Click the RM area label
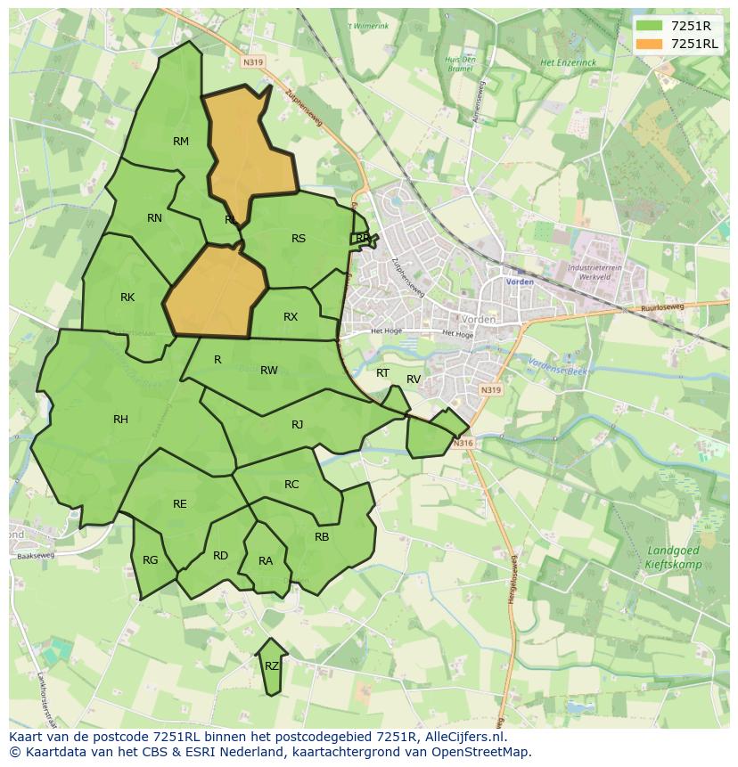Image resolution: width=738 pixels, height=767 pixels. point(181,142)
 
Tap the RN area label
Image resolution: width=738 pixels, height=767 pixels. point(154,218)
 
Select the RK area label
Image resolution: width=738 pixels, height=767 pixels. point(127,298)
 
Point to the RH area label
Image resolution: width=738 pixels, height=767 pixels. point(120,420)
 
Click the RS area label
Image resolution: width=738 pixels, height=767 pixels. point(299,239)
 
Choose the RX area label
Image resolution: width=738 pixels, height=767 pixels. point(291,317)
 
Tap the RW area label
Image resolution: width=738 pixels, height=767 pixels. point(269,371)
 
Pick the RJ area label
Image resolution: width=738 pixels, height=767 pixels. point(297,425)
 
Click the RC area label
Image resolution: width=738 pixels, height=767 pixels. point(291,485)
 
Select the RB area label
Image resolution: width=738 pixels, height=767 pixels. point(322,537)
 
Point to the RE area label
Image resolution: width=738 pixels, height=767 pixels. point(180,504)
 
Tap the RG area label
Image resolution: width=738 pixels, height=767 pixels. point(150,560)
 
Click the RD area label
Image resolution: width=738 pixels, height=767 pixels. point(220,556)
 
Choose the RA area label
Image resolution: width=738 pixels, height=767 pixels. point(266,561)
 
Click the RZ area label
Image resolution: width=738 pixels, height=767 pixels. point(272,666)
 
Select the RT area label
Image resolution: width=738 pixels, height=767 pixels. point(382,373)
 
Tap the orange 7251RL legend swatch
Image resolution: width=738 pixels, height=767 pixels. point(649,44)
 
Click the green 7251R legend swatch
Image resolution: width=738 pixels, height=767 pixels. point(649,26)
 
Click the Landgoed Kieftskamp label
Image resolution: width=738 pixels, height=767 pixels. point(674,558)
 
